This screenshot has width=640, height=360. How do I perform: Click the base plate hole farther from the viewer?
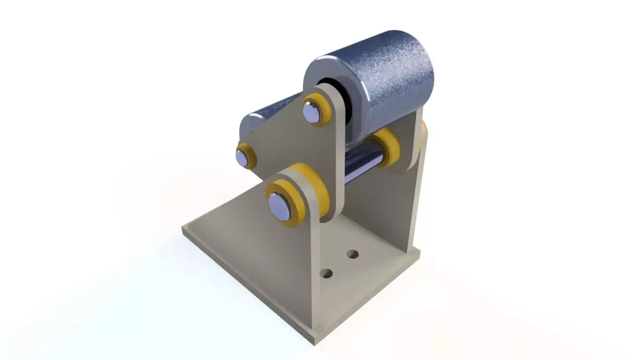coord(353,254)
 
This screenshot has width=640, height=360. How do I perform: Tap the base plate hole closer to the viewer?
coord(327,274)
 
